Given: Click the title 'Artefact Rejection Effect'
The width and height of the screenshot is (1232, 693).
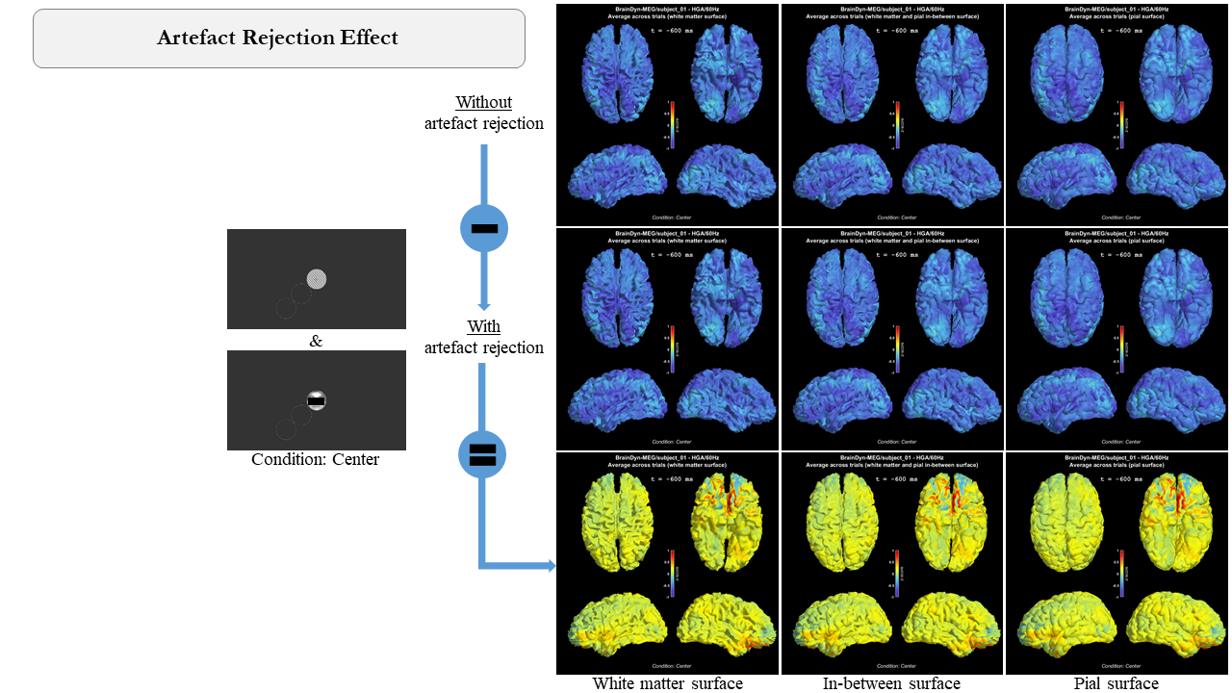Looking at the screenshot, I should [277, 38].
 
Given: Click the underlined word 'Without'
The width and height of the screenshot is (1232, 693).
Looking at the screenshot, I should [483, 102].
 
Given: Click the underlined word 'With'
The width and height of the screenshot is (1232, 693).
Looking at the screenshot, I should [483, 326].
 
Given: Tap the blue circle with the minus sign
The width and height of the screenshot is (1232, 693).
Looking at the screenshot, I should [484, 228].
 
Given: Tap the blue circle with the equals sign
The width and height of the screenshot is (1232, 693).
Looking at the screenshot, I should [482, 454].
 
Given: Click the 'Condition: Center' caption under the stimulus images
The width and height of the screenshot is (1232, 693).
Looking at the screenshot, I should [315, 460].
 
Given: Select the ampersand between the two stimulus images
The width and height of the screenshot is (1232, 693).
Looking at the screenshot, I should [316, 341].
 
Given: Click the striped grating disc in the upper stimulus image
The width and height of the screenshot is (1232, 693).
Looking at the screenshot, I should [317, 279].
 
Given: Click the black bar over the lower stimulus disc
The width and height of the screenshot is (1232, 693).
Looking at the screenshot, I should [316, 400].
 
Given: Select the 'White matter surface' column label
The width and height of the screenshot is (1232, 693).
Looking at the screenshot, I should [667, 684].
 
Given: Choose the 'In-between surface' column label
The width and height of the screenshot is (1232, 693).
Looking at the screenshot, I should [891, 684].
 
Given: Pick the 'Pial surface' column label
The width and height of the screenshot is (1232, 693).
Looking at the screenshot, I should [1116, 684].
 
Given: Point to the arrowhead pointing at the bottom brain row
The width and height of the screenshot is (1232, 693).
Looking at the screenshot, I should [552, 566].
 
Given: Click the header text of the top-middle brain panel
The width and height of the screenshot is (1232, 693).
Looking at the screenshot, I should [892, 13].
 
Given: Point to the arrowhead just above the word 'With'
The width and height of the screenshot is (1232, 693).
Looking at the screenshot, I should [484, 305].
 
